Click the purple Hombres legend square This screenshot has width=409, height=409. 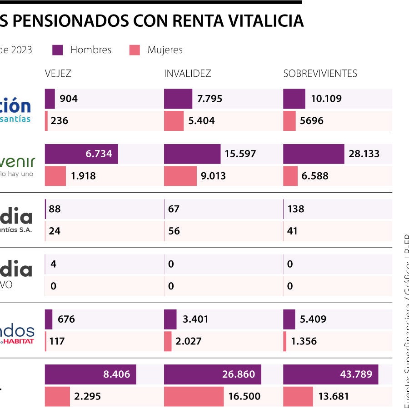58,50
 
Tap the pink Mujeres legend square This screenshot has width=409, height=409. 135,50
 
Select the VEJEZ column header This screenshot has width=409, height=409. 58,74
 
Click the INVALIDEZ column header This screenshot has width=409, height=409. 187,74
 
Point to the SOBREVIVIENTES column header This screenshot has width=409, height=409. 320,74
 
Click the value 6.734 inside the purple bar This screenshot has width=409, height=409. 99,154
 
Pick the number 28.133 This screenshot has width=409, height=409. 364,154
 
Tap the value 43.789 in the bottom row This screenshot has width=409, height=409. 356,374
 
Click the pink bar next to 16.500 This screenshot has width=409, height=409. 194,396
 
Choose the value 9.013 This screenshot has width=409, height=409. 213,176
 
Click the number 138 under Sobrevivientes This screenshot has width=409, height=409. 296,209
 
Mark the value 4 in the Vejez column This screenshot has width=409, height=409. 53,264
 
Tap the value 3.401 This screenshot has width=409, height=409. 195,319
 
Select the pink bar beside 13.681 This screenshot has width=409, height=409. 298,396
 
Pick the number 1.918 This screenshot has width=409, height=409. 83,176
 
